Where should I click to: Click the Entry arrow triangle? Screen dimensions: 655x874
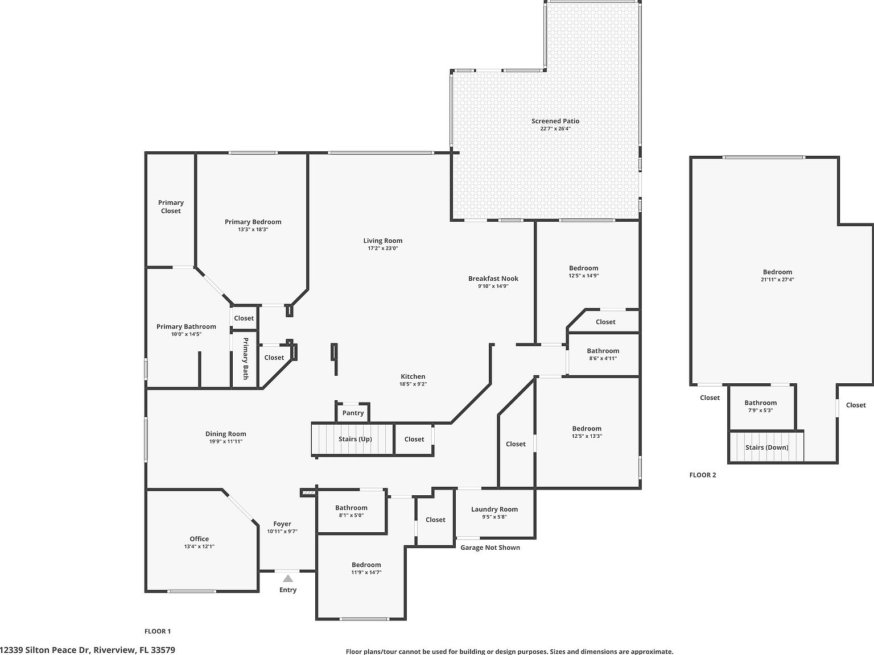click(288, 579)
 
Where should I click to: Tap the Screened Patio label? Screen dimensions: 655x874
click(555, 121)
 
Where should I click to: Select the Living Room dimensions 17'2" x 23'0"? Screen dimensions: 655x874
click(382, 248)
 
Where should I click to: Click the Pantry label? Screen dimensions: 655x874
click(353, 413)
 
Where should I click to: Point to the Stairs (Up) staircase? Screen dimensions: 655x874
click(353, 439)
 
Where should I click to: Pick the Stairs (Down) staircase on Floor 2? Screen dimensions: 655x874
click(766, 447)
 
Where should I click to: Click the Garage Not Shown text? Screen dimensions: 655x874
click(490, 548)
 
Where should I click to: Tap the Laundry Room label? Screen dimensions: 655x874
click(494, 509)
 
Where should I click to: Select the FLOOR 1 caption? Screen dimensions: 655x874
click(158, 631)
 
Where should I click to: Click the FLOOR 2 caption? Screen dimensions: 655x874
click(703, 475)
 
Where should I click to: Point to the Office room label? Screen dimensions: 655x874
click(199, 539)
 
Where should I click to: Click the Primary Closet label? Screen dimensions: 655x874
click(171, 206)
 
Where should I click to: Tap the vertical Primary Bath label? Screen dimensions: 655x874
click(246, 359)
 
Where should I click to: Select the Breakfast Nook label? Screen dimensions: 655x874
click(493, 279)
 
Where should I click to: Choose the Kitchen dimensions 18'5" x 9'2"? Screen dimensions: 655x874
click(413, 384)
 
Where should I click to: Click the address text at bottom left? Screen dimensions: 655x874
click(88, 649)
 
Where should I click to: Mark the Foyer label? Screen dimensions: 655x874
click(282, 524)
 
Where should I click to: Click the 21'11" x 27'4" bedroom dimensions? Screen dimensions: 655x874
click(777, 280)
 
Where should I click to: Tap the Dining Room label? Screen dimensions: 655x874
click(226, 434)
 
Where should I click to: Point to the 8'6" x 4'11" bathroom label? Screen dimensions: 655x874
click(603, 358)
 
